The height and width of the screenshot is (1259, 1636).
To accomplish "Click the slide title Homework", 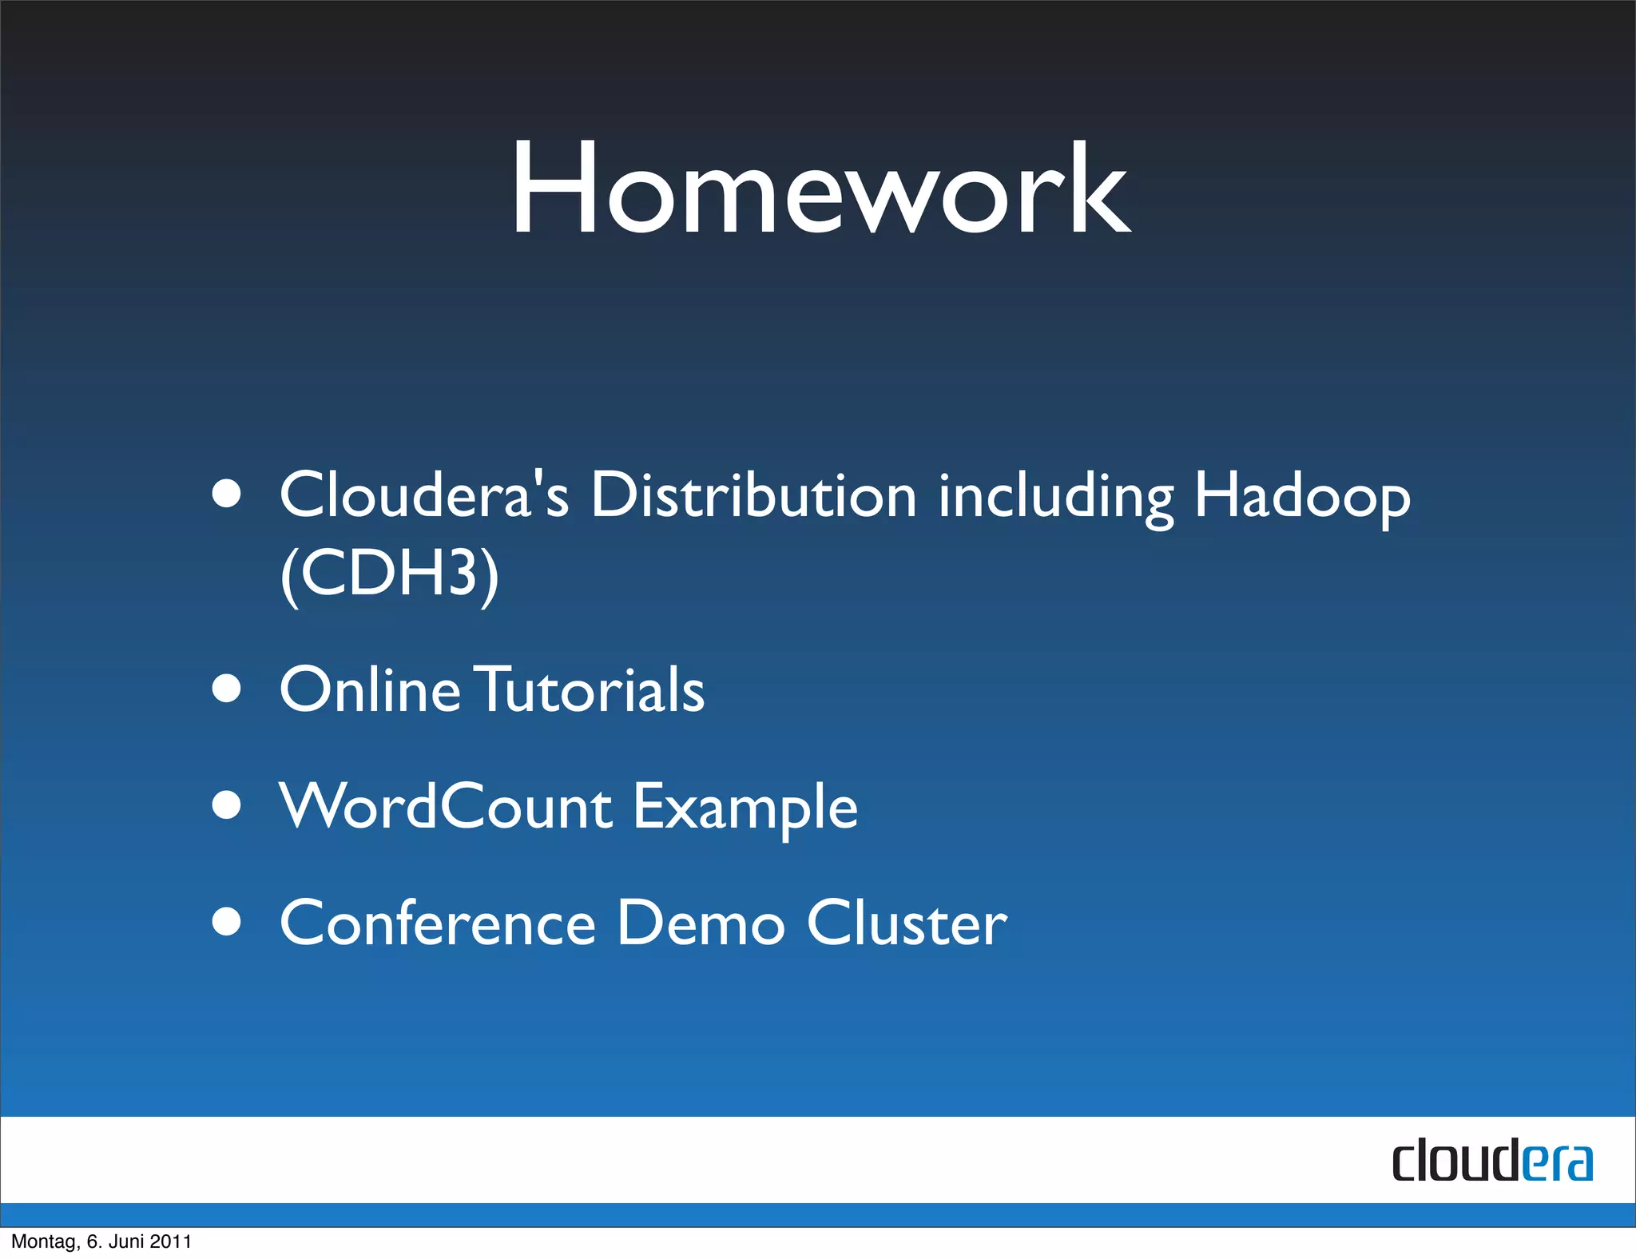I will [820, 189].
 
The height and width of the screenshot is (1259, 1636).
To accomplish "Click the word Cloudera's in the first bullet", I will [423, 495].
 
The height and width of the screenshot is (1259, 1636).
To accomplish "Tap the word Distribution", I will [752, 495].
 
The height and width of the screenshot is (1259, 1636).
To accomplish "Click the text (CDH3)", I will [390, 574].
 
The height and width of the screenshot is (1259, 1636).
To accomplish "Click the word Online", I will [369, 689].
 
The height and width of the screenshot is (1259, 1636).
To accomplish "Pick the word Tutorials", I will [591, 689].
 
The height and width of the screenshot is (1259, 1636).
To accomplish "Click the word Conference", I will [438, 923].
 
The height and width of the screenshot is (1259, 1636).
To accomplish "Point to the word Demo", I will [701, 923].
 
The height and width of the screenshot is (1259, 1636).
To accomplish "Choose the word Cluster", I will [907, 923].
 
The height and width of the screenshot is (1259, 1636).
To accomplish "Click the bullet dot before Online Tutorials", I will [227, 688].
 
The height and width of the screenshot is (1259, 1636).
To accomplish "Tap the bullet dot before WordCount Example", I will [227, 805].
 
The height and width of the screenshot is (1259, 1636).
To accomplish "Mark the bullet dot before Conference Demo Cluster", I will [227, 921].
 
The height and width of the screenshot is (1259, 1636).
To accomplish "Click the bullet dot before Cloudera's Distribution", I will [227, 493].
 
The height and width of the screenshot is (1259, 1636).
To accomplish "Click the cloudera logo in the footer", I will [1491, 1161].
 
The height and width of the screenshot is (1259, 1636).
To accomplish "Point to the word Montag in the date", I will [43, 1241].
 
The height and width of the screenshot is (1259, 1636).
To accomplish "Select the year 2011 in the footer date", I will [171, 1241].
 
